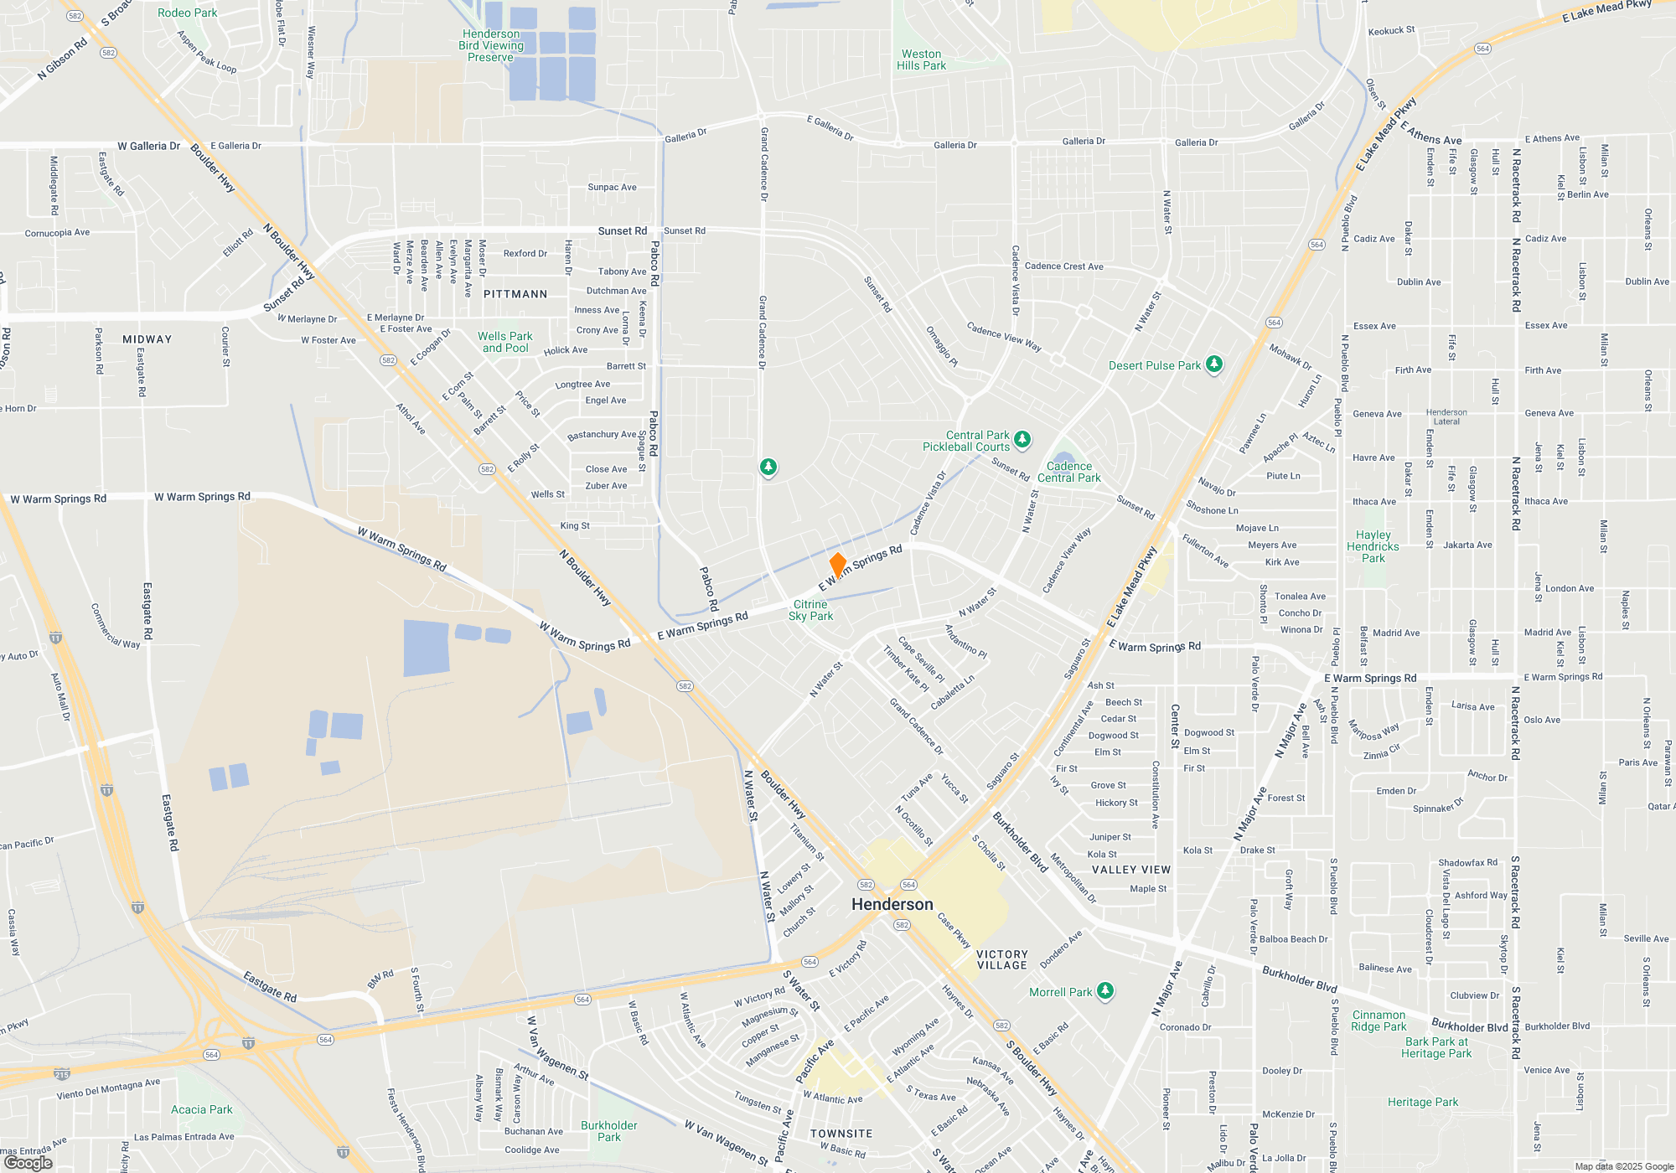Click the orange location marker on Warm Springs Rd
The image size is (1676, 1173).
pos(837,566)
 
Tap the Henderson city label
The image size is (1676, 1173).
pos(892,904)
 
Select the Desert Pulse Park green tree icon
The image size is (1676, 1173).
pos(1213,364)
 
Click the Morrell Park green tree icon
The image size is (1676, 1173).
pos(1105,991)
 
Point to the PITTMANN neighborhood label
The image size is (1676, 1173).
pos(515,294)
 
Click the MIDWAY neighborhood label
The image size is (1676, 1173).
pos(147,339)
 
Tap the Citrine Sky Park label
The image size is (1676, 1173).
pos(810,610)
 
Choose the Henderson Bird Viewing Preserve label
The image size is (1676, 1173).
pos(491,45)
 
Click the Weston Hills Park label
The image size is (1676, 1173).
pos(921,59)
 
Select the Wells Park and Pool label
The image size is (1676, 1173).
pos(505,342)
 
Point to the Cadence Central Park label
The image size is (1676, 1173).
pos(1069,472)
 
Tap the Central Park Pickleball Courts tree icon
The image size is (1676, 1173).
pos(1022,439)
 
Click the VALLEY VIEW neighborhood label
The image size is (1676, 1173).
pos(1131,870)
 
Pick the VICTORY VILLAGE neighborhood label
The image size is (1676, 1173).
pos(1001,959)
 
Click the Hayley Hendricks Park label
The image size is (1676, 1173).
pos(1373,546)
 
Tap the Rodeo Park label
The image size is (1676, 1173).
pos(187,13)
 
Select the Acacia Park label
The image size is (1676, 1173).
pos(202,1109)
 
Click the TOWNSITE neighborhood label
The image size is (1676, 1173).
pos(841,1134)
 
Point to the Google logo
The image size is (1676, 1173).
pos(28,1163)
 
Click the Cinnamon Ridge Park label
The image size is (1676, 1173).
pos(1379,1021)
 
